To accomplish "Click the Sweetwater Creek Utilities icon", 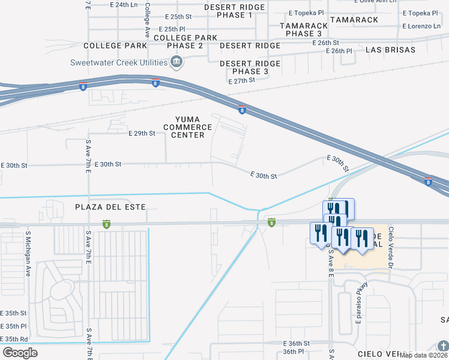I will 176,62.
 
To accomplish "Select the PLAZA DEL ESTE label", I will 110,207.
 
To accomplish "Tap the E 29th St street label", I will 142,133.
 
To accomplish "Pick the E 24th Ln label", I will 124,5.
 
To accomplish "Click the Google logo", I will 20,353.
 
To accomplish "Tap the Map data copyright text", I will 423,355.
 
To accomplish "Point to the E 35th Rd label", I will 14,338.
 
